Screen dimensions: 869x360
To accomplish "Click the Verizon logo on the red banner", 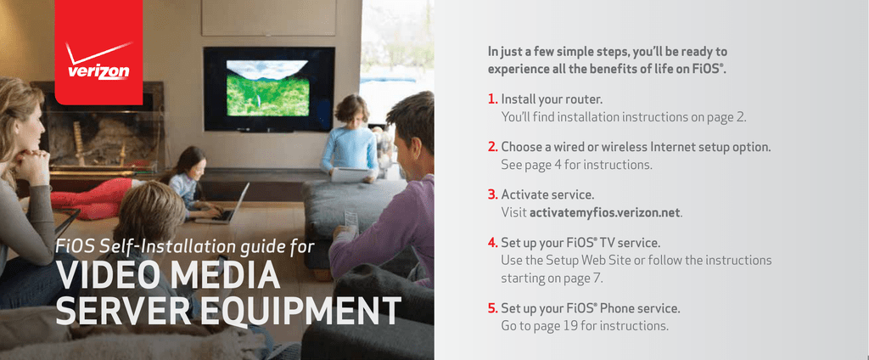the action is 98,61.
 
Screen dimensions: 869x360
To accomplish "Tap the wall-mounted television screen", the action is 269,89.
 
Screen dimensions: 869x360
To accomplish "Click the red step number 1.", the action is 493,99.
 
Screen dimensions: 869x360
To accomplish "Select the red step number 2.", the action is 493,147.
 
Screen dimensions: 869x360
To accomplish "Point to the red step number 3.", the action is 493,194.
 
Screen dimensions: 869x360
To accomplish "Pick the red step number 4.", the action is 493,243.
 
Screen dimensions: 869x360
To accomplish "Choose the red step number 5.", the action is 493,308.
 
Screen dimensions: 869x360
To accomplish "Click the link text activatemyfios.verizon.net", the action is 604,213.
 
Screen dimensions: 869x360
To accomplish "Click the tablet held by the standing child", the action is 350,174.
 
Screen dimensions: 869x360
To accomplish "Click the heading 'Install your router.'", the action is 552,99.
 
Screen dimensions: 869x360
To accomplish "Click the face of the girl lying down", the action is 197,166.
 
